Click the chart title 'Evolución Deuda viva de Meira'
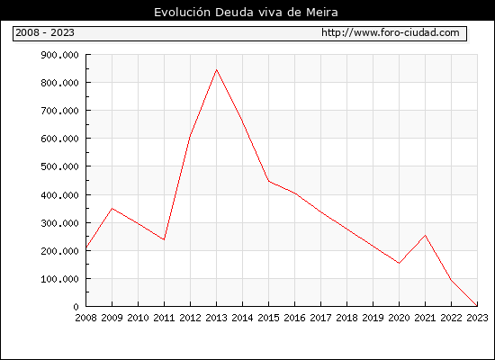246,13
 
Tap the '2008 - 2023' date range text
45,32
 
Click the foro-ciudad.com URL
391,32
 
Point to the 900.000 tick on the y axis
59,55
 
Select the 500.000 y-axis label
59,166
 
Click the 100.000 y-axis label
59,279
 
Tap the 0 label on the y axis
76,307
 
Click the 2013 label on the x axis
216,318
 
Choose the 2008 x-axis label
85,318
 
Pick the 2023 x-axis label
477,318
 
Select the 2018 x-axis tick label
346,318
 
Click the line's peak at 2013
216,69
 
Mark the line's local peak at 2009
112,209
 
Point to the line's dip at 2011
164,239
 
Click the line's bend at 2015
269,181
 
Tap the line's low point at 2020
399,263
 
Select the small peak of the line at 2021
425,235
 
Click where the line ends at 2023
477,306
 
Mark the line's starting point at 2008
86,247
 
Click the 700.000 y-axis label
59,111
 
